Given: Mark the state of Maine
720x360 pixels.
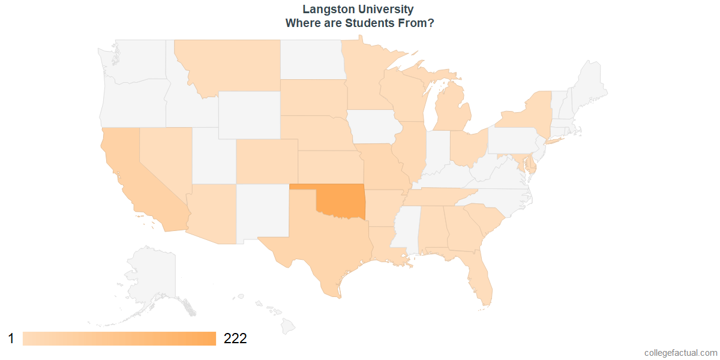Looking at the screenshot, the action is pyautogui.click(x=591, y=84).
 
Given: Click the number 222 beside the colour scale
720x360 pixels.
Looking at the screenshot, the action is pyautogui.click(x=235, y=338).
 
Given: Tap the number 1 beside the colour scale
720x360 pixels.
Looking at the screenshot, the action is pyautogui.click(x=11, y=338).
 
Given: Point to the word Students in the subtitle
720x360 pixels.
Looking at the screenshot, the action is pyautogui.click(x=373, y=23).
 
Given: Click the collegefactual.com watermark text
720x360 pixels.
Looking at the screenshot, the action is pyautogui.click(x=680, y=353).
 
